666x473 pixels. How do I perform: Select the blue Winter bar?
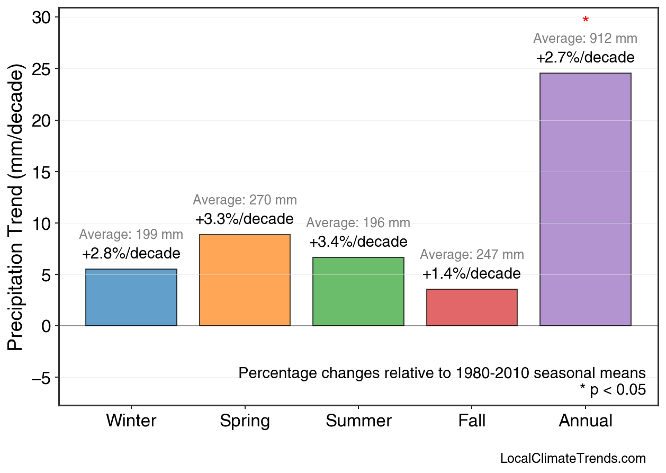coord(131,297)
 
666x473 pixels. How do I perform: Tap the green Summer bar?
coord(358,291)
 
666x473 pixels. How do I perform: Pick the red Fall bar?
coord(472,307)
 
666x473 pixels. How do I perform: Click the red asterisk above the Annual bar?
coord(585,21)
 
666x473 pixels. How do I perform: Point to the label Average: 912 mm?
coord(585,39)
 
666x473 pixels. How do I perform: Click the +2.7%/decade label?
coord(585,57)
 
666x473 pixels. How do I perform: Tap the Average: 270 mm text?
coord(245,200)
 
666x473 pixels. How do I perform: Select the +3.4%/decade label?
coord(358,242)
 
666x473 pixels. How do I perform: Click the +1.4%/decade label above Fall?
coord(472,274)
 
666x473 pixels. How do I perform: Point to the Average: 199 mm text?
coord(131,235)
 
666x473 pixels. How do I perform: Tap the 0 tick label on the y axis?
coord(47,326)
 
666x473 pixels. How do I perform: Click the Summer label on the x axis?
coord(358,421)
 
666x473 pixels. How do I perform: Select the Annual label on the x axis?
coord(585,421)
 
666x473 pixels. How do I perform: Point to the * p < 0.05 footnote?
coord(613,390)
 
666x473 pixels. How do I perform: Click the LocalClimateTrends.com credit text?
coord(572,459)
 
